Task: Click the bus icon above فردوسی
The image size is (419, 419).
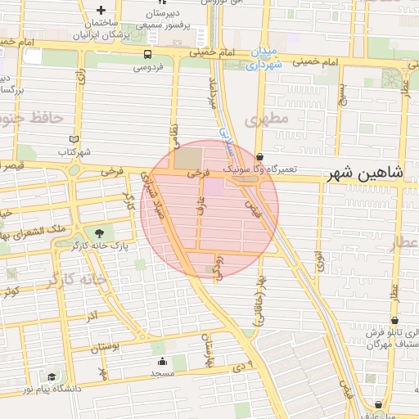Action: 146,54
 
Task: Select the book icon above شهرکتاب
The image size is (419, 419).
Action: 74,140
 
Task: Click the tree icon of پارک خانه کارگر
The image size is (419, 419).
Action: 99,233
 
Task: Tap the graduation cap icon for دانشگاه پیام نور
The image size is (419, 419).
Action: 52,377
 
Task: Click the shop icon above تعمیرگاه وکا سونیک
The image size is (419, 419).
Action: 260,155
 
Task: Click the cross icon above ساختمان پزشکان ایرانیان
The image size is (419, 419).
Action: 100,11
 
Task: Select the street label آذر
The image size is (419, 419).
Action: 92,316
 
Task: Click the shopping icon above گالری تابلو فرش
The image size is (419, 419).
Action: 395,321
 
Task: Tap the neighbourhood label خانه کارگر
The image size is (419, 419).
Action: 77,279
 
